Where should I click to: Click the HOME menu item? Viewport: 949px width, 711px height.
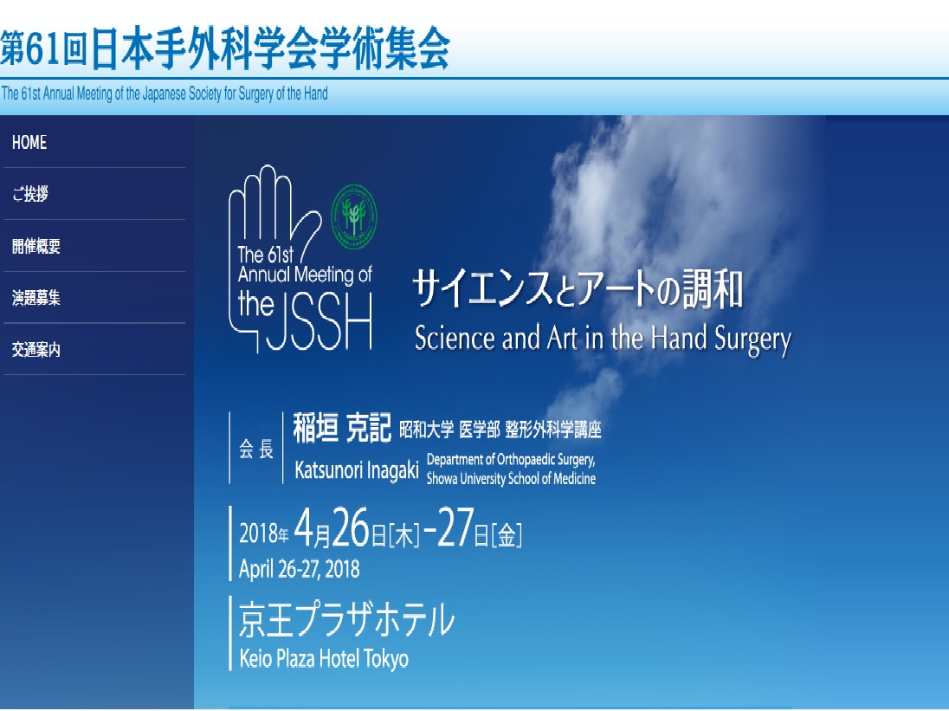(x=29, y=142)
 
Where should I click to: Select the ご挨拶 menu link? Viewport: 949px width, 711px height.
(x=29, y=194)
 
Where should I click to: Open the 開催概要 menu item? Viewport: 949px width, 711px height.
(x=36, y=246)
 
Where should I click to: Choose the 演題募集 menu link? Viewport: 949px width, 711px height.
(x=36, y=298)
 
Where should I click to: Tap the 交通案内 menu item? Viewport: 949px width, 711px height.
(x=36, y=349)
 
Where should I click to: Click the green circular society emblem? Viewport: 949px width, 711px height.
(x=354, y=216)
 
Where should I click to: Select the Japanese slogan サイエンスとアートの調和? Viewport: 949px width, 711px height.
(x=578, y=289)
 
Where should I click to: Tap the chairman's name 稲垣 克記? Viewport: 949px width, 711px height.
(x=342, y=428)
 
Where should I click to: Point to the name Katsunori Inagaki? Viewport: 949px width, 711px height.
(x=357, y=470)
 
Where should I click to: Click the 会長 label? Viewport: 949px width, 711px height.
(x=256, y=449)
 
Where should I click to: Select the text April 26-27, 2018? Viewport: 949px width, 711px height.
(x=299, y=569)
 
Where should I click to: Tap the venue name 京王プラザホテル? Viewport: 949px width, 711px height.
(x=346, y=619)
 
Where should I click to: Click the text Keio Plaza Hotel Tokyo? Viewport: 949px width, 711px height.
(x=324, y=658)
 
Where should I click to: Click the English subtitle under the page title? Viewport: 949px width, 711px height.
(x=165, y=94)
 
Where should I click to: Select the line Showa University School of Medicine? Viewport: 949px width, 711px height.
(x=511, y=479)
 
